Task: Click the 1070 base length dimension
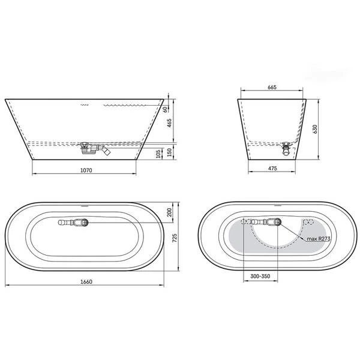pos(86,170)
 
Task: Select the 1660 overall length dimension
pos(86,281)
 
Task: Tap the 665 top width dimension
pos(272,87)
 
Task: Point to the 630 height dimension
pos(315,129)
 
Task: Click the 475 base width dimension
pos(272,168)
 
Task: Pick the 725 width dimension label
pos(175,238)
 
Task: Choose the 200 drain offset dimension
pos(169,212)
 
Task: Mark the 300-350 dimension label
pos(260,276)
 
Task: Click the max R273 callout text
pos(319,239)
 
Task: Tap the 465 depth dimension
pos(169,123)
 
